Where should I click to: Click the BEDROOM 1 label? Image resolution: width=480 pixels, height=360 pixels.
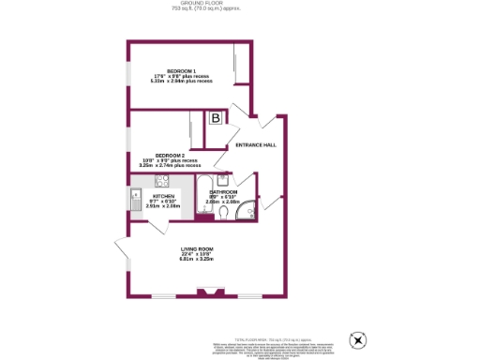pos(182,71)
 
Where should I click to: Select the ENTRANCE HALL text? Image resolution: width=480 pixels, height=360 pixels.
pos(255,145)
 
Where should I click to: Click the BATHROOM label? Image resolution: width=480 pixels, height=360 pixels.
pos(223,192)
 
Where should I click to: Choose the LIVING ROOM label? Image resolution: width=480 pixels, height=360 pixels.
pos(198,248)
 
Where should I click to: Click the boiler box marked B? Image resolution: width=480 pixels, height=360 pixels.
pos(217,118)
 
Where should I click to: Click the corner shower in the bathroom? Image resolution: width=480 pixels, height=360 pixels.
pos(247,213)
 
